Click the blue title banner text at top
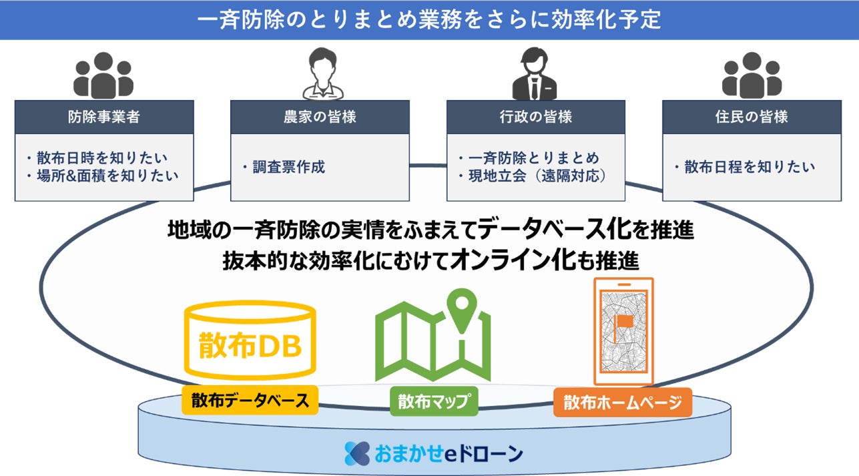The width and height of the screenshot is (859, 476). click(429, 19)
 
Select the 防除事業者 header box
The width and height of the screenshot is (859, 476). click(104, 117)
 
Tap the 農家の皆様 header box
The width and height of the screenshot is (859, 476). click(320, 117)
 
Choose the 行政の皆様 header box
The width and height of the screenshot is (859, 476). click(535, 117)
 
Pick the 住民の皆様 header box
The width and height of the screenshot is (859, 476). click(751, 117)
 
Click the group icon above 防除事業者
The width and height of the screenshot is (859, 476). click(103, 75)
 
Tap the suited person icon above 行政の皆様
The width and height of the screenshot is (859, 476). click(535, 73)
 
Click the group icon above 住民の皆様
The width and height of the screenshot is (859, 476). click(751, 75)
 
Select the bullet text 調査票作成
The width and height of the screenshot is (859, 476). click(288, 167)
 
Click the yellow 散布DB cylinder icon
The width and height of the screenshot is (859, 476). click(250, 340)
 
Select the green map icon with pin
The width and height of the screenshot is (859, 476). click(433, 336)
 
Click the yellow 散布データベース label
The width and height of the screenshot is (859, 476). click(250, 401)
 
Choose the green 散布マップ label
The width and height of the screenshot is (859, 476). click(434, 401)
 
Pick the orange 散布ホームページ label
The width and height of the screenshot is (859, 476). click(623, 403)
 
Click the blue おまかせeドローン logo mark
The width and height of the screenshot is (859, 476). click(356, 453)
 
